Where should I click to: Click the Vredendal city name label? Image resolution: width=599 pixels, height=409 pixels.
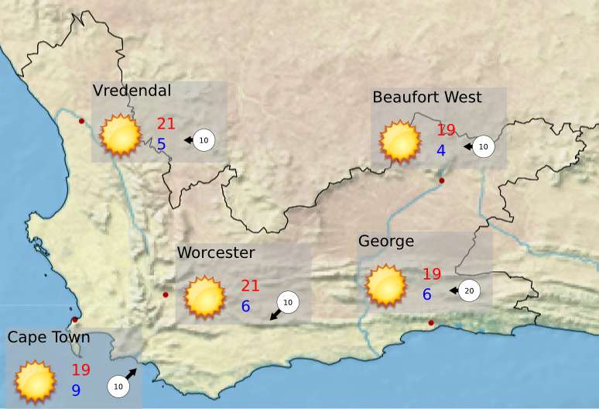pos(132,91)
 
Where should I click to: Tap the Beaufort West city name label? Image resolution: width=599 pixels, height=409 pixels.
pos(426,97)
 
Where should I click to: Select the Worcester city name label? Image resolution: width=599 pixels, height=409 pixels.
pos(216,253)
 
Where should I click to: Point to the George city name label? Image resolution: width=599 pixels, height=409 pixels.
pos(386,241)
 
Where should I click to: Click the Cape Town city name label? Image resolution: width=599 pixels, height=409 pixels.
pos(49,337)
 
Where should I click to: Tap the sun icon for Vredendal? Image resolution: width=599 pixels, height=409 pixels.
pos(120,135)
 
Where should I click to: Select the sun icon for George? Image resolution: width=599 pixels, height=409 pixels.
pos(385,284)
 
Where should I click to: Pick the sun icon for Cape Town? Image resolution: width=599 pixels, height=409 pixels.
pos(35,381)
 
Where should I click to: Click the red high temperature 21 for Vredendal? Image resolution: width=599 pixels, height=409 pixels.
pos(166,123)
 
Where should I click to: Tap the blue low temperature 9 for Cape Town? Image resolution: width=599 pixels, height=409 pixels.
pos(76,390)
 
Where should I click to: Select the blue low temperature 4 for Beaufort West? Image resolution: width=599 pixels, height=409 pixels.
pos(441,150)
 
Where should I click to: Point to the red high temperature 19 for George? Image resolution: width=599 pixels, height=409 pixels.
pos(431,274)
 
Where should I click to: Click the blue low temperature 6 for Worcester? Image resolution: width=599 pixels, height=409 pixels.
pos(245,306)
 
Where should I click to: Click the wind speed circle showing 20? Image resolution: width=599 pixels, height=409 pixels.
pos(469,290)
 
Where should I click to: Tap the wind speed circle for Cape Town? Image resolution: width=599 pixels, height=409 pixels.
pos(118,385)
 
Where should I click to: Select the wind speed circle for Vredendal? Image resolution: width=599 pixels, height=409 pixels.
pos(204,140)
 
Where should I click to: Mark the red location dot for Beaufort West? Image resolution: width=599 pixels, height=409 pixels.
pos(442,181)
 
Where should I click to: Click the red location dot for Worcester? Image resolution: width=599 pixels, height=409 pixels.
pos(166,295)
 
